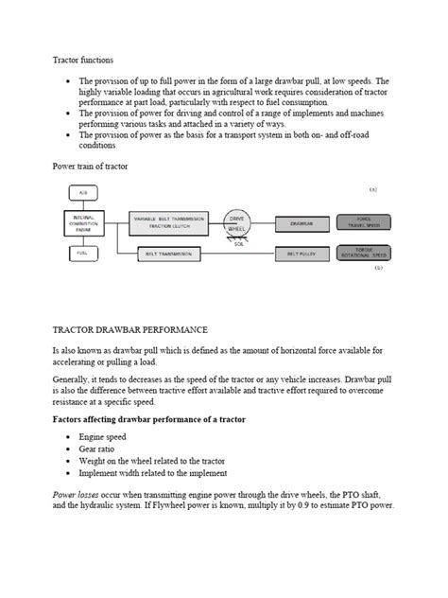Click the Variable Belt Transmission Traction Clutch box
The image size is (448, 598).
pos(167,224)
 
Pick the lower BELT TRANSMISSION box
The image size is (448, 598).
pos(167,254)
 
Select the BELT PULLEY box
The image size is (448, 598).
pos(302,254)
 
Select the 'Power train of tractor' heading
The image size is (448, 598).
pos(92,166)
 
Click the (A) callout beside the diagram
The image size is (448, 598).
pos(373,189)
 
